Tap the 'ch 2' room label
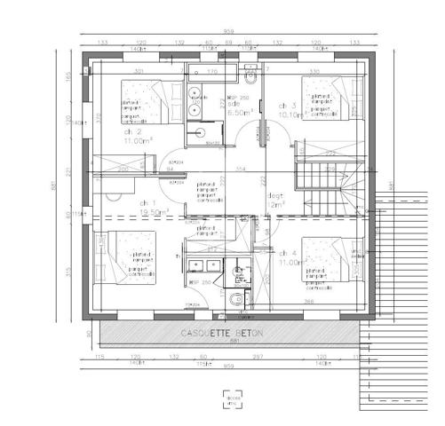(x=133, y=130)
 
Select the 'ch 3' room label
(x=287, y=105)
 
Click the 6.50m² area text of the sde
(x=241, y=113)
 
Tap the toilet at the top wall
(x=250, y=69)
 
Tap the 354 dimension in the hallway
(x=239, y=168)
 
